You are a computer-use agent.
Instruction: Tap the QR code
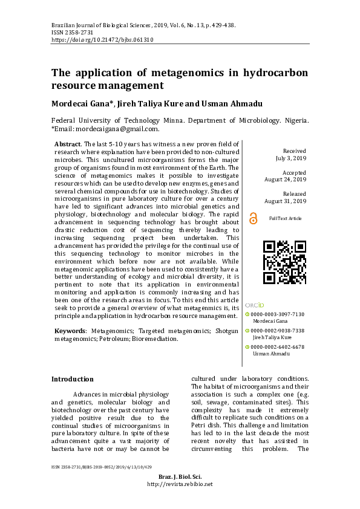(284, 262)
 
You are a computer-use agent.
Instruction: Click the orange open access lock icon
(253, 218)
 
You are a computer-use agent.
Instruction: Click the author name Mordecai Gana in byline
(82, 104)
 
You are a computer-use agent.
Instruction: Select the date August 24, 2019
(286, 180)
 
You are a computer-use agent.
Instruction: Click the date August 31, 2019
(286, 201)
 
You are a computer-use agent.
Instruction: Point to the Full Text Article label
(285, 218)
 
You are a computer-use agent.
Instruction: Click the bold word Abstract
(67, 144)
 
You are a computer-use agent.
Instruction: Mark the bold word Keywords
(70, 331)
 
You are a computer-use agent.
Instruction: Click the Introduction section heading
(72, 379)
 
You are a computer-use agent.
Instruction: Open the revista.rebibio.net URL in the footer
(180, 484)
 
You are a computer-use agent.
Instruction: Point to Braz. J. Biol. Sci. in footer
(180, 477)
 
